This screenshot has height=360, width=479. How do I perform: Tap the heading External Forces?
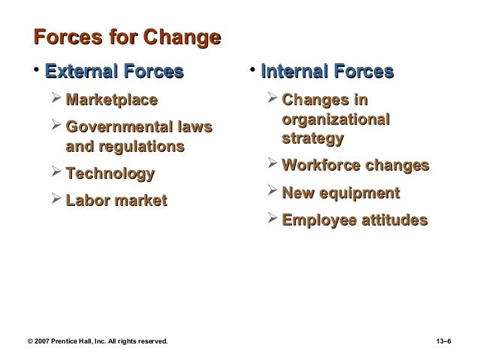(114, 73)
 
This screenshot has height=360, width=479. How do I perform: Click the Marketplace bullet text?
(112, 100)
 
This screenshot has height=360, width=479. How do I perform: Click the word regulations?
(146, 145)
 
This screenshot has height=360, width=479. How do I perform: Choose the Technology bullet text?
(110, 174)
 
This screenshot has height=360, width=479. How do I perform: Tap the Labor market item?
(116, 201)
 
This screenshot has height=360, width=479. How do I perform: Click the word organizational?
(336, 119)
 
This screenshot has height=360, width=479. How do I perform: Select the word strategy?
(313, 138)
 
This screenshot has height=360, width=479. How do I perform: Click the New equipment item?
(340, 193)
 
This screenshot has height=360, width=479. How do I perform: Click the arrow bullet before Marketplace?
(56, 99)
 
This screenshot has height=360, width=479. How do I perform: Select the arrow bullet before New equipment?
(272, 192)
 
